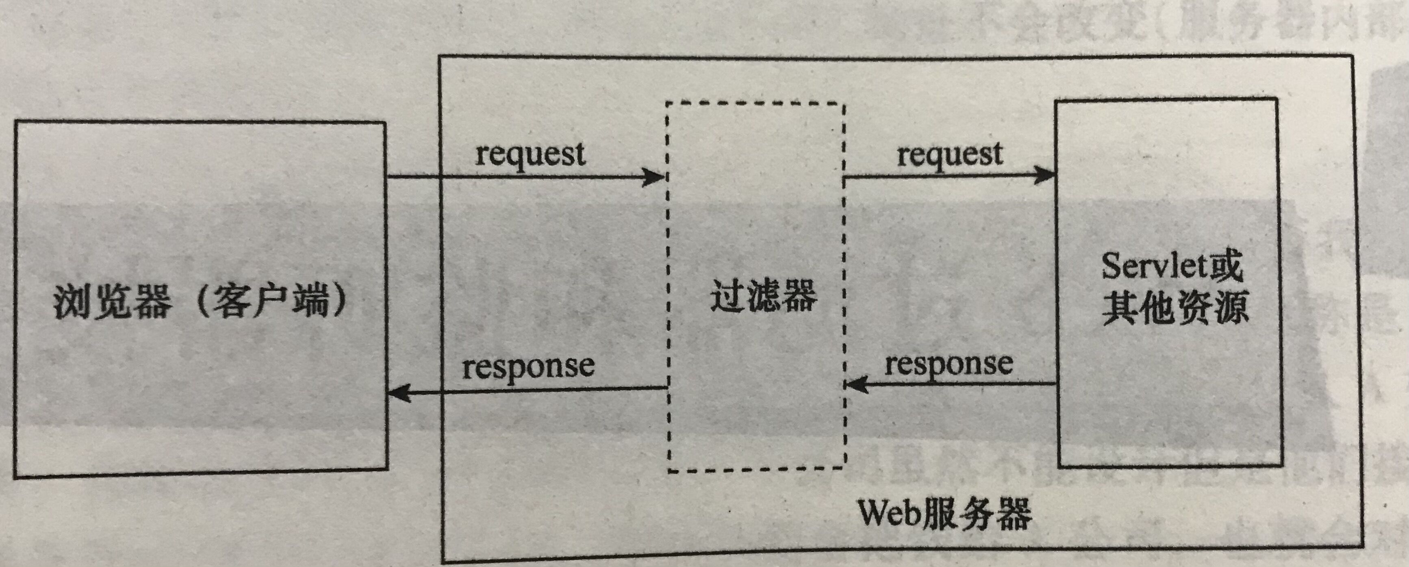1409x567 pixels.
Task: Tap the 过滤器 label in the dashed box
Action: (763, 296)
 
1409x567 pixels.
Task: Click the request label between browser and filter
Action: (530, 154)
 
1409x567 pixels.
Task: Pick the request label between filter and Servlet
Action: (950, 154)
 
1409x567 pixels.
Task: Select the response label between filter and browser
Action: (528, 366)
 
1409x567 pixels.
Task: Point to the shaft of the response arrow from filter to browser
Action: (536, 390)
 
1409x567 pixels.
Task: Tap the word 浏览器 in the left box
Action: (113, 303)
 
